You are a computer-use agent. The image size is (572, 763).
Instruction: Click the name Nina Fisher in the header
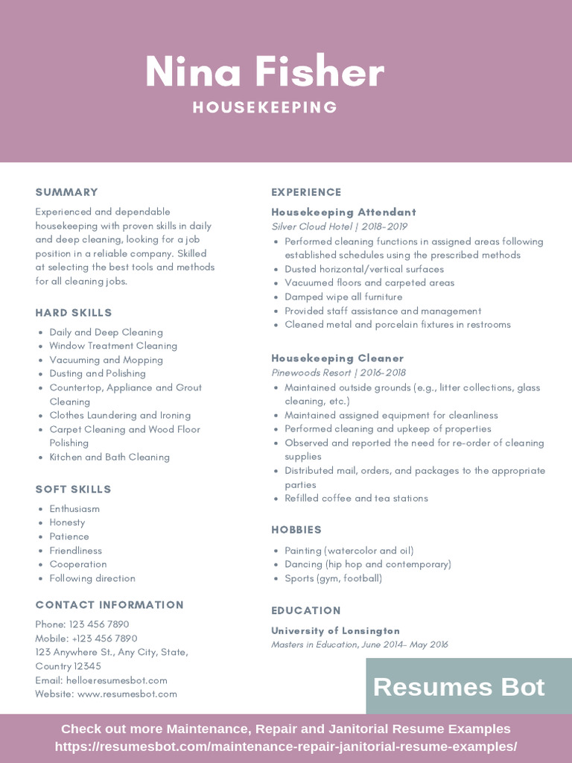(264, 72)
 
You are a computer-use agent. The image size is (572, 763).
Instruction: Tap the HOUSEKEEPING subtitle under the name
(265, 107)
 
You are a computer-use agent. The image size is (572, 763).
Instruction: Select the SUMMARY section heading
(66, 192)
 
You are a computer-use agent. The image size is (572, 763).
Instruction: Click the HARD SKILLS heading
(74, 313)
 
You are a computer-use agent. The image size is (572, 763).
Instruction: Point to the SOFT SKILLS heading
(73, 490)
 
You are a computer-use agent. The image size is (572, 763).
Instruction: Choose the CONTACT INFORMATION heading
(109, 605)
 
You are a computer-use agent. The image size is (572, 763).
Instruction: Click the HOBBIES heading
(296, 530)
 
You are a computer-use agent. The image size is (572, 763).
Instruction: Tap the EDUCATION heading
(306, 610)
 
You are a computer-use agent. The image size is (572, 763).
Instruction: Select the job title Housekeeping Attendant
(343, 212)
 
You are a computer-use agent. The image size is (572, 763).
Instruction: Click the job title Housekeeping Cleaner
(337, 358)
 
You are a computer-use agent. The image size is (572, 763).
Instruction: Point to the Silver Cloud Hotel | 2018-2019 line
(339, 227)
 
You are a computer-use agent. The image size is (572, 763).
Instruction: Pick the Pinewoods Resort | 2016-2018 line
(338, 373)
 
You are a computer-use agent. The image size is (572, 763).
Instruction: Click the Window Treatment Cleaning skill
(113, 346)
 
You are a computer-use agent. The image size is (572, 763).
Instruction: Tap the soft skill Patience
(69, 536)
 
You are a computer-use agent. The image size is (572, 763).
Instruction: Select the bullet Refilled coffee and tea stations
(356, 498)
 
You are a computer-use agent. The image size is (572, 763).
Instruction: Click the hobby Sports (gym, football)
(333, 578)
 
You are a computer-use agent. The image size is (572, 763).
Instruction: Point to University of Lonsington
(335, 631)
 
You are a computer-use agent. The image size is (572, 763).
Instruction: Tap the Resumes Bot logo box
(459, 686)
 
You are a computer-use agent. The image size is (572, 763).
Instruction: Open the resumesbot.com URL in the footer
(286, 747)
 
